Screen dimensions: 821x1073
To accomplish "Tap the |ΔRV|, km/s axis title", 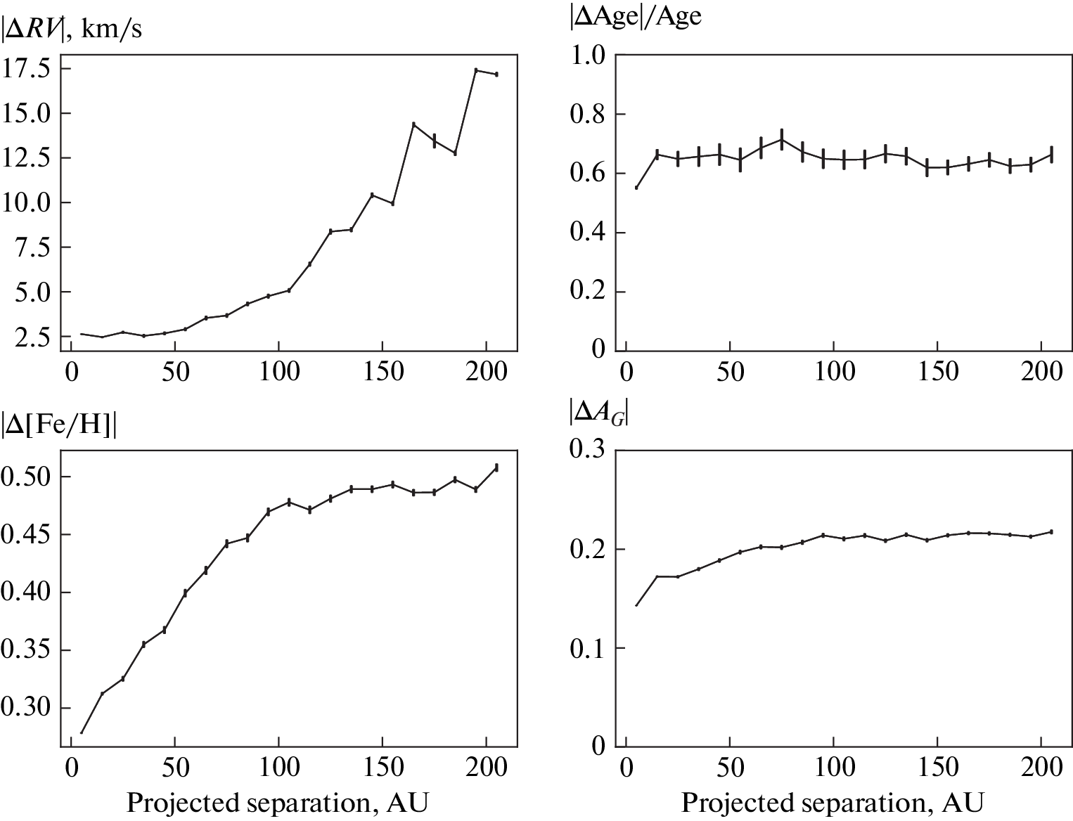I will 72,30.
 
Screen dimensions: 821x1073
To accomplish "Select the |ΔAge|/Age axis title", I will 635,15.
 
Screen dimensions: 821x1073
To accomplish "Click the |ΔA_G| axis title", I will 598,415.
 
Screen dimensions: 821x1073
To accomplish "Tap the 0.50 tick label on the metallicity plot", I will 26,477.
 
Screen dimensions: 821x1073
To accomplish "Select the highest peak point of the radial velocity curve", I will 476,70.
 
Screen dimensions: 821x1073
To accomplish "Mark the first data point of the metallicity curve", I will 82,733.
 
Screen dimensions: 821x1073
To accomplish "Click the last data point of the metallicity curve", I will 496,467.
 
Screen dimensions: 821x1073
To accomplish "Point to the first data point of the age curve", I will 636,188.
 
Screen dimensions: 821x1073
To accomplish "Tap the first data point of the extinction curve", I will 636,605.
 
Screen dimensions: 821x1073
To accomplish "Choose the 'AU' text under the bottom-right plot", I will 964,802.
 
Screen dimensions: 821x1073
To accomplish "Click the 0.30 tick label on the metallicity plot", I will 26,707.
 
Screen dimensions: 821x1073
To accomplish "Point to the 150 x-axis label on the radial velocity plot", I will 383,372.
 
